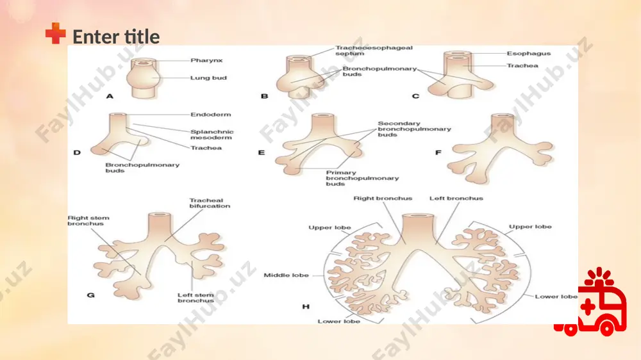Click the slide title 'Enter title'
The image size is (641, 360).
coord(116,37)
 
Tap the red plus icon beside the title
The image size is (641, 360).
coord(56,33)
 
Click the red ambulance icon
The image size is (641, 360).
coord(591,302)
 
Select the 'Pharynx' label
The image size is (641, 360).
coord(206,60)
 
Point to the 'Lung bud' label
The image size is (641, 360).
coord(208,78)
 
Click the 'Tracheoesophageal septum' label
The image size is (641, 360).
coord(374,51)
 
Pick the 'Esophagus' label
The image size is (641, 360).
coord(529,54)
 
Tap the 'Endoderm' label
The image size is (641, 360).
coord(210,115)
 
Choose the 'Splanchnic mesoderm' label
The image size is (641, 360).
coord(212,135)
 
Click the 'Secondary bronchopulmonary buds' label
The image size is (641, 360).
coord(414,129)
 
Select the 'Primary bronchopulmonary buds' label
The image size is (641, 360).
coord(362,178)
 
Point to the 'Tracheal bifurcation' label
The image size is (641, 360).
coord(210,203)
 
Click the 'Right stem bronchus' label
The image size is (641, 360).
coord(88,220)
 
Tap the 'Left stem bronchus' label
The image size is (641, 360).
coord(196,297)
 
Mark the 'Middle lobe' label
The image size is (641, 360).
coord(286,275)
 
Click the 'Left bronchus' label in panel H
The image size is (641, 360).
coord(456,198)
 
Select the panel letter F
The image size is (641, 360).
coord(438,152)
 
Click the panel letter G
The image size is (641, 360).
coord(91,295)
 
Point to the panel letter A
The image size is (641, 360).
coord(110,97)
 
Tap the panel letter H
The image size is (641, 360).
coord(306,306)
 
